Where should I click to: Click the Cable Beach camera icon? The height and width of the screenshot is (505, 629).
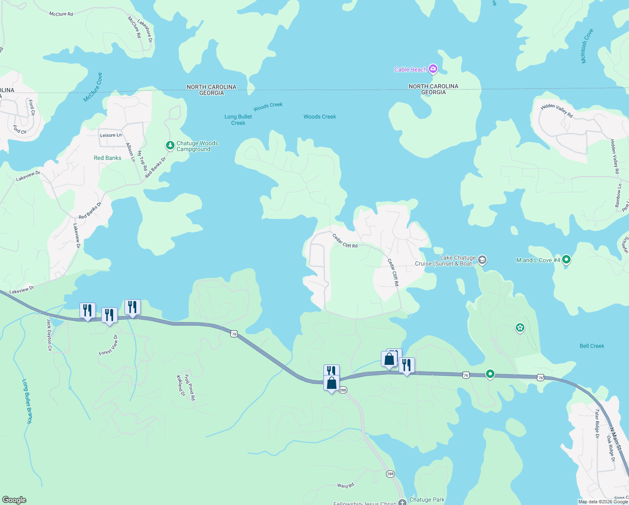[x=433, y=69]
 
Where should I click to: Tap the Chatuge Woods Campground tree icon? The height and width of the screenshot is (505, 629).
[x=170, y=146]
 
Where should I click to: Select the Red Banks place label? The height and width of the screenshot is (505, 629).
[x=107, y=158]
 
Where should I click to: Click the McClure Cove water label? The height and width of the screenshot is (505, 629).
[x=93, y=88]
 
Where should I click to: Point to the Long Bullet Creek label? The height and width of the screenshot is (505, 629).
[x=238, y=120]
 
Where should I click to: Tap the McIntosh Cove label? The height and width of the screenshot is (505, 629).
[x=587, y=46]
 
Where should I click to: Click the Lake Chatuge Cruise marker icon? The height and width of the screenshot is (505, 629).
[x=482, y=260]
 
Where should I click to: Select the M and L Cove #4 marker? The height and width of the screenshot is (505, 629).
[x=566, y=260]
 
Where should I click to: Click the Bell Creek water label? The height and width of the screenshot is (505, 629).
[x=592, y=346]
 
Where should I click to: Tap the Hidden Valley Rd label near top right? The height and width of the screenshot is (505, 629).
[x=557, y=111]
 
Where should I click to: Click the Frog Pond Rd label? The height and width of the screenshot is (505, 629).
[x=190, y=387]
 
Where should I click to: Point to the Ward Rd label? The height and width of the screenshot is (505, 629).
[x=345, y=485]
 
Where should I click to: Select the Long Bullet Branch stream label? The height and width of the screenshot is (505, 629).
[x=27, y=401]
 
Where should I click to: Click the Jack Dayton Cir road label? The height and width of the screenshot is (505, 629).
[x=49, y=335]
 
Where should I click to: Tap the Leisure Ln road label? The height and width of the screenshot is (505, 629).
[x=111, y=135]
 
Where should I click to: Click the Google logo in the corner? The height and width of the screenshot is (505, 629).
[x=14, y=500]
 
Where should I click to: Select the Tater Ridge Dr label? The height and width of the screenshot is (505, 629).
[x=597, y=424]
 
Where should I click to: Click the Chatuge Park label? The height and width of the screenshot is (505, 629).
[x=427, y=500]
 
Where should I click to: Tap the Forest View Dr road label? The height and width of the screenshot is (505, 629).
[x=108, y=345]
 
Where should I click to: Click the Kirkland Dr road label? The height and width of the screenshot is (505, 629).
[x=181, y=385]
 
